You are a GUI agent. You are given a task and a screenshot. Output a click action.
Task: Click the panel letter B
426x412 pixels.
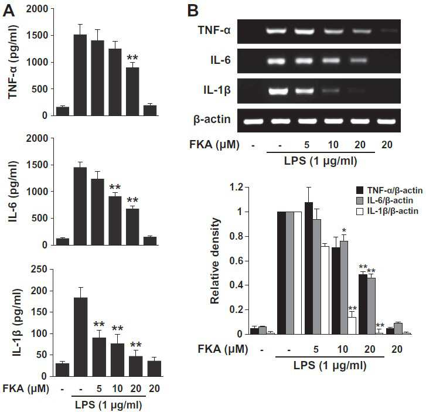point(193,11)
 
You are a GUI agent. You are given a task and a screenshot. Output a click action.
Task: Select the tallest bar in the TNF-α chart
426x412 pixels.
point(80,75)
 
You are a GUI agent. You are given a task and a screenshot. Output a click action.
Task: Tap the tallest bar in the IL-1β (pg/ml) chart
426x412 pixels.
point(81,337)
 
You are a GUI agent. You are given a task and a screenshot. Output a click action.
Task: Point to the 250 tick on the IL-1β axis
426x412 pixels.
point(39,270)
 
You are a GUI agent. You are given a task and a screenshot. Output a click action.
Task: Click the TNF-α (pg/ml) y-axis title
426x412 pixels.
point(12,62)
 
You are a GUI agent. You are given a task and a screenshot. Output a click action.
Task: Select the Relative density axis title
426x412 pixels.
point(214,261)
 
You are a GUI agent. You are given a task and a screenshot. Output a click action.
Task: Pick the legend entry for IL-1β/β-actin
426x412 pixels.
point(387,211)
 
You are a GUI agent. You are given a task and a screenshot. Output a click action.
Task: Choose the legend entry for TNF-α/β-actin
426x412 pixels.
point(389,190)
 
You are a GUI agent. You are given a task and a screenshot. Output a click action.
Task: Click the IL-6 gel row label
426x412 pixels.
point(220,60)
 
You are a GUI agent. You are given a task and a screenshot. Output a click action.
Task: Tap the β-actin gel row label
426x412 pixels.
point(212,120)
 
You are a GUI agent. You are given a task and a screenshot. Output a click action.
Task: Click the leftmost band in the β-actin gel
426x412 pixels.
point(253,121)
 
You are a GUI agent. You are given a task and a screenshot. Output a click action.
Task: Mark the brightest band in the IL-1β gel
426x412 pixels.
point(278,91)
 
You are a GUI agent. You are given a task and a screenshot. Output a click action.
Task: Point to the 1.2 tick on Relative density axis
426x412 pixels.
point(236,187)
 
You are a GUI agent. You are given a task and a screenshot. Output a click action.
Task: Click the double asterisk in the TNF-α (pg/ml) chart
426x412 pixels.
point(132,57)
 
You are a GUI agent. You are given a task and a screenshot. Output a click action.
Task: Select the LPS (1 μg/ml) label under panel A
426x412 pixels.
point(108,405)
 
